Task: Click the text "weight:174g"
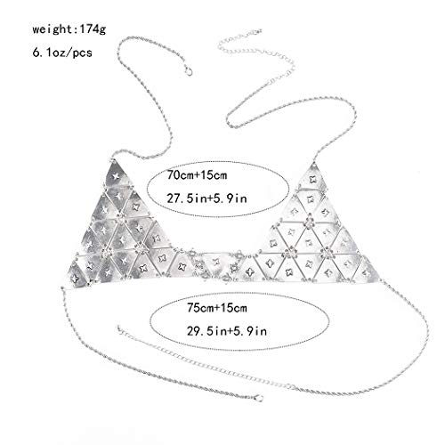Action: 69,29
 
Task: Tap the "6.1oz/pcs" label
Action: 62,53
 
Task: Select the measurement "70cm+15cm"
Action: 197,174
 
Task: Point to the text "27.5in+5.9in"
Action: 206,198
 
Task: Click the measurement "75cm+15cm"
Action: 217,308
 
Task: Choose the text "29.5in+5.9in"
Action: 227,331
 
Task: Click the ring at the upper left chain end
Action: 189,71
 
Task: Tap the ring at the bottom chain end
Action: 259,399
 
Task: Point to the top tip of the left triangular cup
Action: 113,160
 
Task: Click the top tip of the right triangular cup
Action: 313,163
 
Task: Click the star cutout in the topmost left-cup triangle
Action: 116,176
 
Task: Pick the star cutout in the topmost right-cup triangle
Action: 312,179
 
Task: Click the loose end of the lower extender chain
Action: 119,328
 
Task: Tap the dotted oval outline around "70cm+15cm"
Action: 218,162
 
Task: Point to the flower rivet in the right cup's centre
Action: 310,222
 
